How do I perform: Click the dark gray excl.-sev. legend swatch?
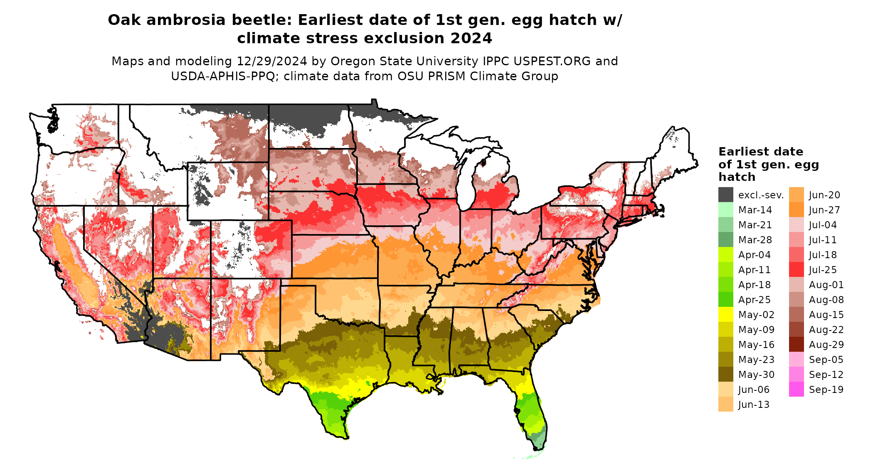(725, 195)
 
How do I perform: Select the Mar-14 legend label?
(755, 210)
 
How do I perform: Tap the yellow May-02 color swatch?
(725, 314)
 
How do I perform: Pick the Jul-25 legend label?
(823, 270)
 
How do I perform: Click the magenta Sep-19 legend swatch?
(796, 389)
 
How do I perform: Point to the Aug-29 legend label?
(826, 345)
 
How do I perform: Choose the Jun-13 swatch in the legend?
(725, 404)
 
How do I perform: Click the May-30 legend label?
(756, 375)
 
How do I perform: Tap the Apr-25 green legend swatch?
(725, 299)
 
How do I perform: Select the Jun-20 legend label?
(824, 195)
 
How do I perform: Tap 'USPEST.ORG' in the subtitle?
(552, 61)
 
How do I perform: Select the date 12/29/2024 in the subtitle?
(272, 61)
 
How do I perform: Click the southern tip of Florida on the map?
(537, 448)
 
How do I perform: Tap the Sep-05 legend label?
(826, 360)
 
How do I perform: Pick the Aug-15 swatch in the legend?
(796, 314)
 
